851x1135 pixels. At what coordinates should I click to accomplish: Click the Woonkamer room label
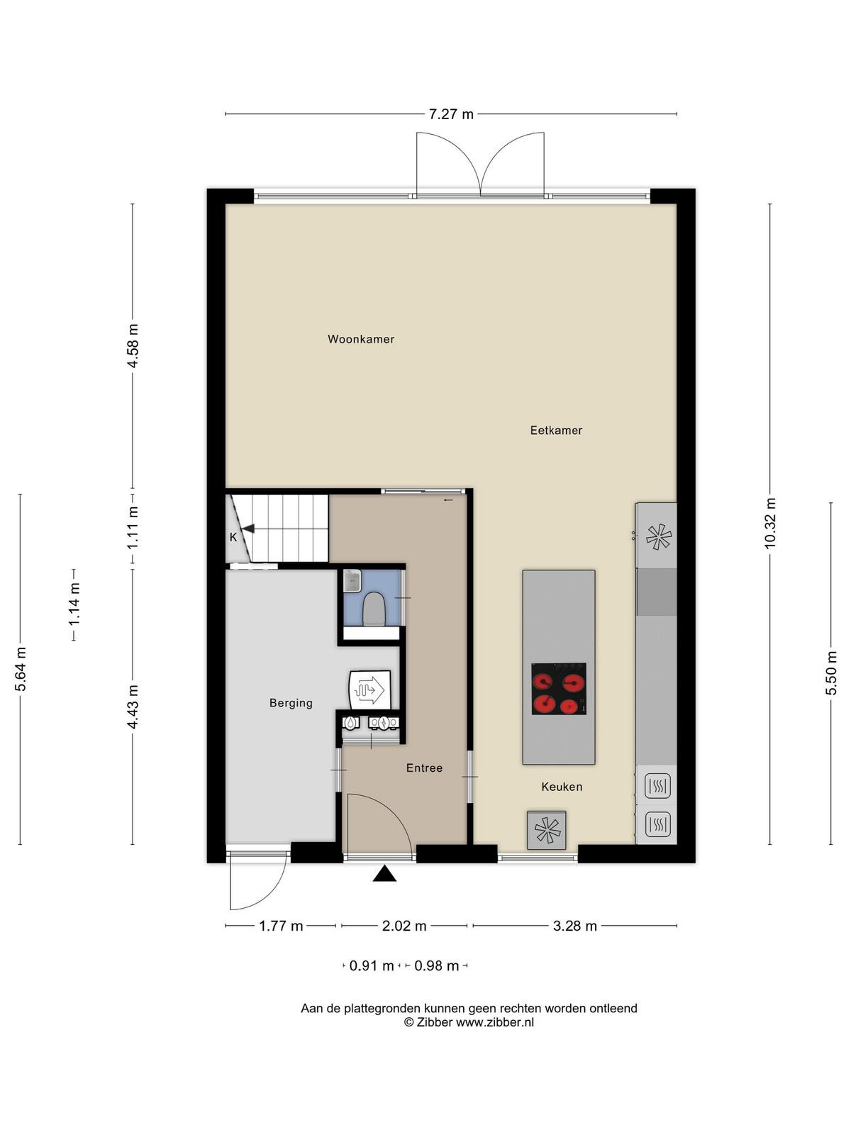pyautogui.click(x=361, y=339)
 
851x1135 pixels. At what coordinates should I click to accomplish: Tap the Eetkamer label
pyautogui.click(x=556, y=430)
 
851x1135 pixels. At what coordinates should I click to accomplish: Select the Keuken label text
pyautogui.click(x=562, y=787)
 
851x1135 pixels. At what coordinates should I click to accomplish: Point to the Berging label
pyautogui.click(x=291, y=703)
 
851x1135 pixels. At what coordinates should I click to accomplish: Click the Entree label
pyautogui.click(x=424, y=768)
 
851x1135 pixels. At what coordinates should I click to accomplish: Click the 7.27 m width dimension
pyautogui.click(x=451, y=114)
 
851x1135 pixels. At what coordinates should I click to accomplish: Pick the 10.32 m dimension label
pyautogui.click(x=770, y=523)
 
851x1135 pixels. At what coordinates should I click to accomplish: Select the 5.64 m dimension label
pyautogui.click(x=20, y=669)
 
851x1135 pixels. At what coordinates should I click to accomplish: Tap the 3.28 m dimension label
pyautogui.click(x=574, y=926)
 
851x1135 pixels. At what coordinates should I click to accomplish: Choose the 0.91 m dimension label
pyautogui.click(x=372, y=965)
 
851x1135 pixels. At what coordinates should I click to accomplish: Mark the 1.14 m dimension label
pyautogui.click(x=74, y=604)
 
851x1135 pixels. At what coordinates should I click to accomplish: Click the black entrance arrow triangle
pyautogui.click(x=384, y=873)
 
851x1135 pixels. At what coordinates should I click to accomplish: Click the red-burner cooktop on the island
pyautogui.click(x=559, y=689)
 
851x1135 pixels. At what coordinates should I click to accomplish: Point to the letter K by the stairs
pyautogui.click(x=233, y=537)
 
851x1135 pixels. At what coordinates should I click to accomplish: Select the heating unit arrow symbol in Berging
pyautogui.click(x=369, y=690)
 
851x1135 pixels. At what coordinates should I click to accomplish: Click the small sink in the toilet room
pyautogui.click(x=352, y=581)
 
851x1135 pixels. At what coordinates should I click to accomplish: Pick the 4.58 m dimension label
pyautogui.click(x=133, y=345)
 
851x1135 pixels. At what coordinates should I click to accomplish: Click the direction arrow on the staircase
pyautogui.click(x=248, y=528)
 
